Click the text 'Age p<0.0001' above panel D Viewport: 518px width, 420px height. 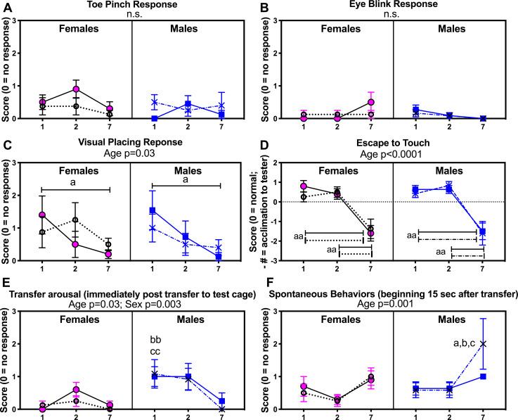point(394,156)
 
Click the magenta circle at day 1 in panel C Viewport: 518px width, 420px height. point(42,215)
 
